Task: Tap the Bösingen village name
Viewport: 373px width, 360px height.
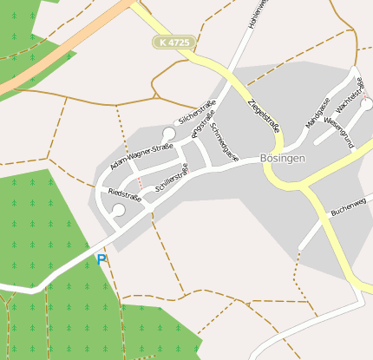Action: (x=284, y=159)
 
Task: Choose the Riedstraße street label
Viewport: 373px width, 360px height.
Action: (x=125, y=194)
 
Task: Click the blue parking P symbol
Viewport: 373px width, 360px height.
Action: (x=101, y=259)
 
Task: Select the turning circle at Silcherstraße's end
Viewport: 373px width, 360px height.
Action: (x=168, y=134)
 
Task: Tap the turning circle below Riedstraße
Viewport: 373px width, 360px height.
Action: (x=119, y=211)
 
